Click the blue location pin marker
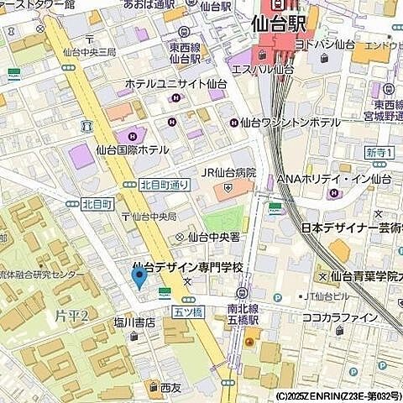[x=139, y=276]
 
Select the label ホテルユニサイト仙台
[x=175, y=85]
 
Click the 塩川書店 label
[x=134, y=322]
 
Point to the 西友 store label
[x=170, y=388]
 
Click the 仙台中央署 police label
[x=216, y=237]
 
